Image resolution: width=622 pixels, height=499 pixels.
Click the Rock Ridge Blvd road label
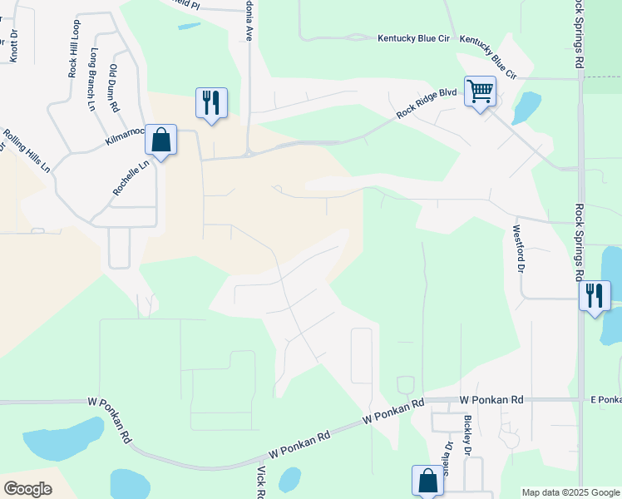pyautogui.click(x=427, y=103)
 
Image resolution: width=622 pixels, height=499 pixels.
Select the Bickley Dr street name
pyautogui.click(x=468, y=436)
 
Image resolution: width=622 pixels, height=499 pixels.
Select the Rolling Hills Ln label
pyautogui.click(x=27, y=150)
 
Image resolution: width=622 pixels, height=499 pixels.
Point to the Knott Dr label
pyautogui.click(x=14, y=46)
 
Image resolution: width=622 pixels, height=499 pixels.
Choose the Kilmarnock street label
pyautogui.click(x=126, y=137)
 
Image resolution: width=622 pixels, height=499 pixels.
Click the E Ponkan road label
pyautogui.click(x=605, y=400)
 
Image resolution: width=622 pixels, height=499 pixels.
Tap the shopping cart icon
pyautogui.click(x=481, y=91)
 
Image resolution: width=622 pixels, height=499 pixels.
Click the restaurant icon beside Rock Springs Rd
pyautogui.click(x=595, y=295)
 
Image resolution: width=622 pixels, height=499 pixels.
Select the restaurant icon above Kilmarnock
pyautogui.click(x=211, y=102)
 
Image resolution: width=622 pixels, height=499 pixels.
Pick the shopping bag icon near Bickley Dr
pyautogui.click(x=427, y=480)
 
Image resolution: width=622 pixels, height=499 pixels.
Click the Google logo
pyautogui.click(x=27, y=489)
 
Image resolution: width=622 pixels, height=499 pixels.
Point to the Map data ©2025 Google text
pyautogui.click(x=570, y=492)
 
